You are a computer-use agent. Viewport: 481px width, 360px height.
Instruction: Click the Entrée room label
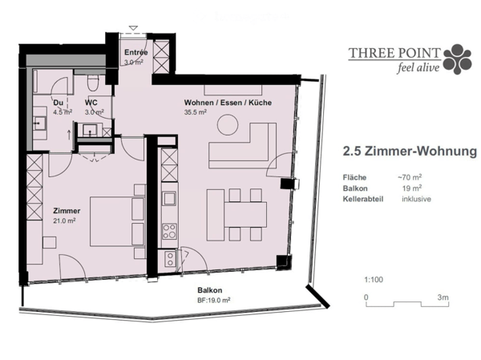[136, 52]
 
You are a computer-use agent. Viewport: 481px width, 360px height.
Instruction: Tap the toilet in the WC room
[93, 83]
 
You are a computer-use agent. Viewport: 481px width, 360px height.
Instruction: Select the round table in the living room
[228, 124]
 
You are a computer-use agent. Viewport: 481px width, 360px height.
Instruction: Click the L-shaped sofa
[242, 146]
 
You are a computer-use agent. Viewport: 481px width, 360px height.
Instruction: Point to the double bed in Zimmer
[117, 221]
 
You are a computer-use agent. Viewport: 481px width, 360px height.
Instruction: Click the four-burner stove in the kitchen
[169, 232]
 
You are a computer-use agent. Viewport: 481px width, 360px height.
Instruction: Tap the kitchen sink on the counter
[169, 198]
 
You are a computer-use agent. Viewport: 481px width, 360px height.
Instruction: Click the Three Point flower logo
[458, 59]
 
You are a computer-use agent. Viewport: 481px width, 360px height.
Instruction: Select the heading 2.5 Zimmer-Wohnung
[410, 152]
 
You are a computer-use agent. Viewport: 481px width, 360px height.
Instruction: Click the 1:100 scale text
[374, 280]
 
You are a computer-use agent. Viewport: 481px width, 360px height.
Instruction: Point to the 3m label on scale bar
[443, 297]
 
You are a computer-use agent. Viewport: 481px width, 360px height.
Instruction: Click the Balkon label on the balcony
[210, 290]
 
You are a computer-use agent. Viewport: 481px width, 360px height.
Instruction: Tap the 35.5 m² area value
[195, 112]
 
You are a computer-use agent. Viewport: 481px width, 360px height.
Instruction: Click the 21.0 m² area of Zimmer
[64, 220]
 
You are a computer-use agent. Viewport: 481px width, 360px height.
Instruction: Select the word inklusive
[416, 199]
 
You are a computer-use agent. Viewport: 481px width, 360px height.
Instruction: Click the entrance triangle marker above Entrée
[133, 28]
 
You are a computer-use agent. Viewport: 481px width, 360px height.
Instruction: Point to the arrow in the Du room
[68, 135]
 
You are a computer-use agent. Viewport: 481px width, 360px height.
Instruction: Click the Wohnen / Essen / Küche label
[228, 103]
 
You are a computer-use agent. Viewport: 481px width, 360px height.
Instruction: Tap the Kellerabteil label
[363, 199]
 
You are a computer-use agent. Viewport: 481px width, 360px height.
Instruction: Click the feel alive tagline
[418, 67]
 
